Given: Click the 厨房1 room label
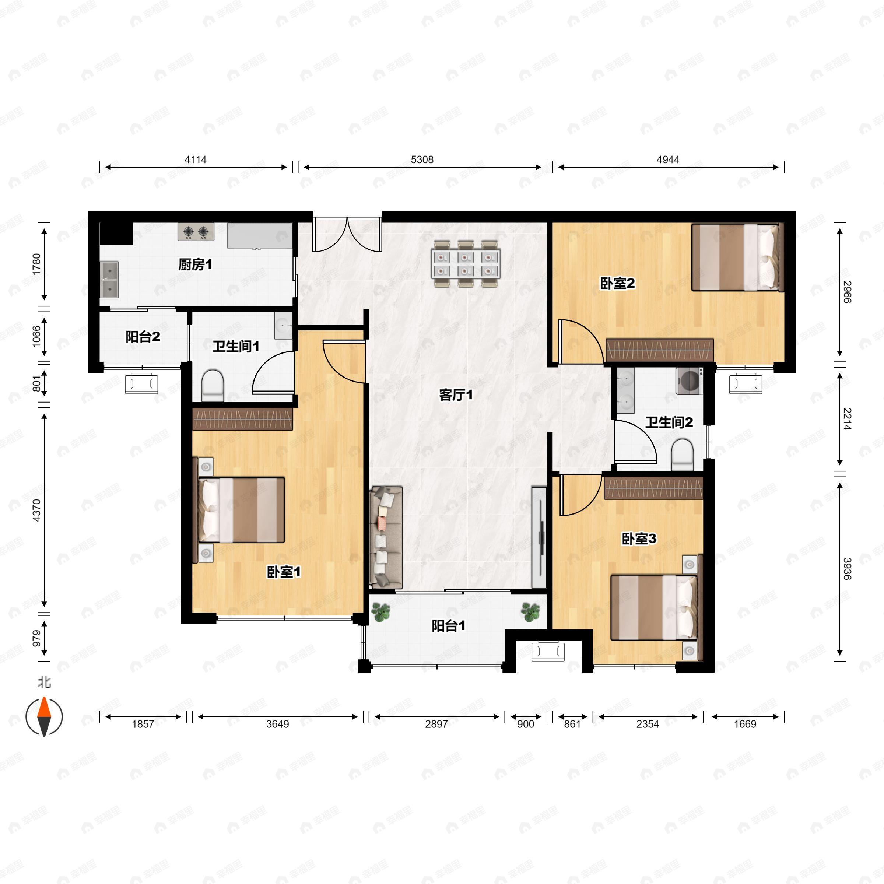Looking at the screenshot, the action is [x=195, y=264].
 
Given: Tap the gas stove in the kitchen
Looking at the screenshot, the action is [x=196, y=232].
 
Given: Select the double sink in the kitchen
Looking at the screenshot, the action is [x=109, y=280].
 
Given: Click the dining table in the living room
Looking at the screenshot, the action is [x=466, y=264].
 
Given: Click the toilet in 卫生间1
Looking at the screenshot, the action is [x=213, y=385].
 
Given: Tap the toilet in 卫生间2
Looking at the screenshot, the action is [x=682, y=455].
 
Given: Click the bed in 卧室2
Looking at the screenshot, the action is [x=737, y=257].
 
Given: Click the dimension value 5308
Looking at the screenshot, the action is [x=422, y=160].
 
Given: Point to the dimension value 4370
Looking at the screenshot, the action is [x=36, y=510].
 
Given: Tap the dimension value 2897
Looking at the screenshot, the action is [x=436, y=724].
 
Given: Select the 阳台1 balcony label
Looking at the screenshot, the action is [x=448, y=625].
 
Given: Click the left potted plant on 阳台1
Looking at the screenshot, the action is [x=381, y=612].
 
